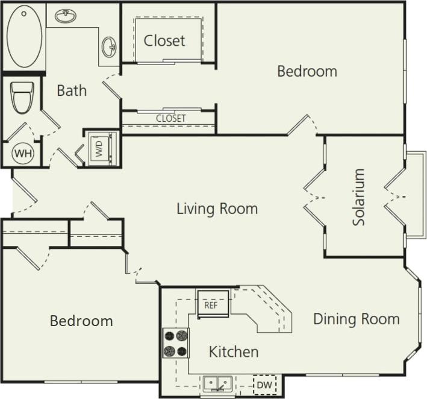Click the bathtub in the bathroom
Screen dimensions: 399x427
click(x=25, y=37)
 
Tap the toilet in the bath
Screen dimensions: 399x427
click(x=22, y=97)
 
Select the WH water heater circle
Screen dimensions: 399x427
click(x=23, y=153)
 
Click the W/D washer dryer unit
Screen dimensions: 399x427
click(x=100, y=148)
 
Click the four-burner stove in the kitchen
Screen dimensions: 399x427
click(x=175, y=343)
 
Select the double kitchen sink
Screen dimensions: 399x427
click(x=217, y=384)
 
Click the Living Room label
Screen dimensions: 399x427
click(x=217, y=209)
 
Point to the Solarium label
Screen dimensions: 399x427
click(x=359, y=197)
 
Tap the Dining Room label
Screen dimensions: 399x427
click(x=356, y=319)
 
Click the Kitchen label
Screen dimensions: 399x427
click(x=234, y=351)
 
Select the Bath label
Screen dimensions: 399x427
click(x=72, y=91)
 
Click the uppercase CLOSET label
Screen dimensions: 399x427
click(x=170, y=118)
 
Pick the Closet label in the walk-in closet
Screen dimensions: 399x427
click(x=164, y=41)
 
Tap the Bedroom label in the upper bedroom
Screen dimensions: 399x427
click(x=307, y=71)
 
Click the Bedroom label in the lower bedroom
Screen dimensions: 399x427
click(x=81, y=321)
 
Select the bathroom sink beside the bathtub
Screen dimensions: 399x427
click(x=66, y=16)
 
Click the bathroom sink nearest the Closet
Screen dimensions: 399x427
click(x=109, y=46)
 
